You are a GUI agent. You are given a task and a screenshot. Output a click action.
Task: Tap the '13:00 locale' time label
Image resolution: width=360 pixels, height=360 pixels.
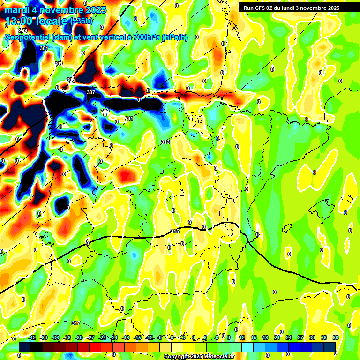click(x=37, y=21)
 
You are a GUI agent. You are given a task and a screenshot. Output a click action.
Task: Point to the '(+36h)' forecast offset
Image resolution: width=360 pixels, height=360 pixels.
click(x=81, y=21)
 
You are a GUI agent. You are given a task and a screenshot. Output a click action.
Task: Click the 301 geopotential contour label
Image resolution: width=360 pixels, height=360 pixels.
click(x=44, y=48)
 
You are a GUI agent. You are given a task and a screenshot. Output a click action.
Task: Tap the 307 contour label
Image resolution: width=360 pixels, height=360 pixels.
click(x=91, y=92)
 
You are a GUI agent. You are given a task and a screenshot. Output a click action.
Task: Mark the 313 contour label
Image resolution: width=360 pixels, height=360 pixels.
click(x=165, y=142)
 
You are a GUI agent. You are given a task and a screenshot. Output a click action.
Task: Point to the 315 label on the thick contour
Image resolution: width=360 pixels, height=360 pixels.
click(x=175, y=231)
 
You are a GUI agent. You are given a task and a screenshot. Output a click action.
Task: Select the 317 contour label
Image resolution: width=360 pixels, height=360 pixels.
click(x=76, y=323)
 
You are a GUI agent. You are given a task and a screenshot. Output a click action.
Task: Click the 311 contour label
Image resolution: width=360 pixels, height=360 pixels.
click(x=129, y=119)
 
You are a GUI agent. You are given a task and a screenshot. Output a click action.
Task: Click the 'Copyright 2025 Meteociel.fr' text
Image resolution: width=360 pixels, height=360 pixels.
click(x=199, y=357)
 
